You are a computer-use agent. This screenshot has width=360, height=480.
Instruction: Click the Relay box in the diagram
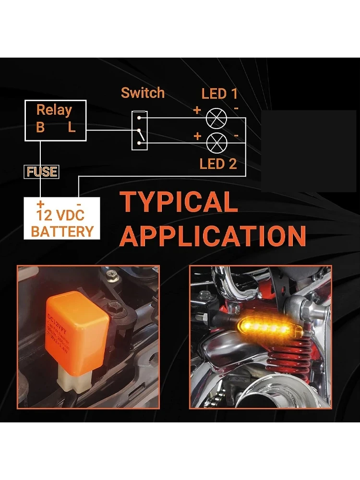tap(55, 120)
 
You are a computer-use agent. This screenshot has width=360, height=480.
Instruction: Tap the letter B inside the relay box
tap(40, 128)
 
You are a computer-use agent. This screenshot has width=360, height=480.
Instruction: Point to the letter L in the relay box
tap(72, 128)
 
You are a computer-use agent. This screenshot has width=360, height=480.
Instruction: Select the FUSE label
tap(42, 171)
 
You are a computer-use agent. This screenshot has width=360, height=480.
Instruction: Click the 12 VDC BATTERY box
tap(62, 219)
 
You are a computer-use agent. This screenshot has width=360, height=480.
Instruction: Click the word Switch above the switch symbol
tap(143, 93)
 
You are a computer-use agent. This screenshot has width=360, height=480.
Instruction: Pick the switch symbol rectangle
tap(140, 129)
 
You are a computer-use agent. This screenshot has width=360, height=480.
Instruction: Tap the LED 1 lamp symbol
tap(216, 118)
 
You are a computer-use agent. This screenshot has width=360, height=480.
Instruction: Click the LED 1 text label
tap(219, 94)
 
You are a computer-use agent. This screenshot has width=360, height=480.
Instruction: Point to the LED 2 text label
tap(218, 164)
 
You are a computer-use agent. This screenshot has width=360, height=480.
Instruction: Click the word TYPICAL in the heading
tap(179, 202)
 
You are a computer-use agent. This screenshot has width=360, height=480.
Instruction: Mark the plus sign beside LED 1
tap(197, 110)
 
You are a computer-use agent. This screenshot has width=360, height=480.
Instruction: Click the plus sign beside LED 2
tap(197, 136)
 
